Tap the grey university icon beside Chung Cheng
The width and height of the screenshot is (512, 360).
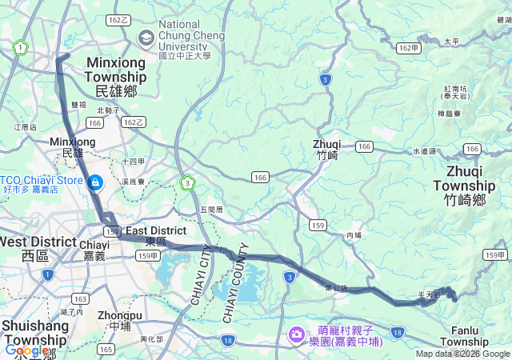pos(146,37)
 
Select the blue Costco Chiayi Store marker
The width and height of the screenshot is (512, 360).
pos(95,183)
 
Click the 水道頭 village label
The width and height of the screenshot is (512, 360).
pos(425,151)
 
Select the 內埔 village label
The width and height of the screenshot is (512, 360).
pos(354,235)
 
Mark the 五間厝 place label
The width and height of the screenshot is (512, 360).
pos(211,210)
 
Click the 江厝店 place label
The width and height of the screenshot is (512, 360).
pos(26,127)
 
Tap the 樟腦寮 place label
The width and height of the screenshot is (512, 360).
pos(449,114)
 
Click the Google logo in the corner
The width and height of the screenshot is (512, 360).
pos(26,350)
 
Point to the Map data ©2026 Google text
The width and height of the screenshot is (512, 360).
pos(462,354)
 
